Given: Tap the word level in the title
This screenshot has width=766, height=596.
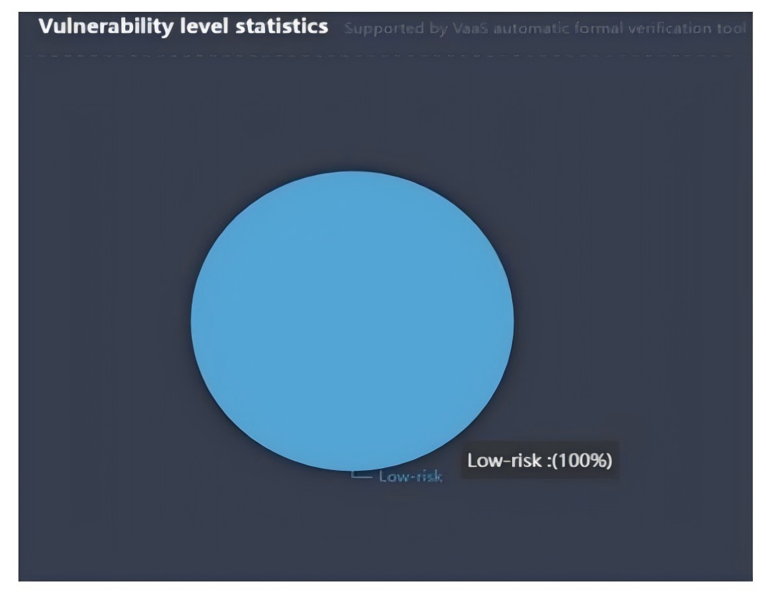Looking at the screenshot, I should pos(198,26).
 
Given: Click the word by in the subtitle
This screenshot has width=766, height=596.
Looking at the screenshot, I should pos(431,29).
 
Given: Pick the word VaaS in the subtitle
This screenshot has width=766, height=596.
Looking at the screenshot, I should pos(465,28).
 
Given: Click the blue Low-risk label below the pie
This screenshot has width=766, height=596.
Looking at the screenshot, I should pos(410,476).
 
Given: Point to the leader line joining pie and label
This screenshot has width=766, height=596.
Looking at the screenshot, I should pos(362,475).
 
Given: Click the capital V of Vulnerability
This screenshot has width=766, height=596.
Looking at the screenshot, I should pos(45,26).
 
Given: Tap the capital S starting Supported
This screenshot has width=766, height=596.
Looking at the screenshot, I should pos(349,28).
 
